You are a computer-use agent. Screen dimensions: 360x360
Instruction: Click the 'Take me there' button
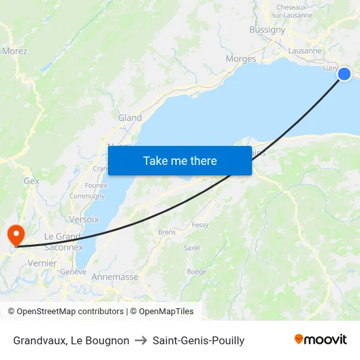[180, 161]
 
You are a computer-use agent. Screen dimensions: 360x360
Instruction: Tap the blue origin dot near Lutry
[344, 75]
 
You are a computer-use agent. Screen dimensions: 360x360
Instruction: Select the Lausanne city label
[305, 50]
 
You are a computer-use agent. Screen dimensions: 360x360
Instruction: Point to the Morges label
[240, 59]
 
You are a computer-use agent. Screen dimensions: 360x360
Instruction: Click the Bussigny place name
[267, 29]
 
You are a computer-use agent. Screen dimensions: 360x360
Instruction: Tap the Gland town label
[130, 118]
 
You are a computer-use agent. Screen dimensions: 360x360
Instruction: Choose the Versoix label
[84, 219]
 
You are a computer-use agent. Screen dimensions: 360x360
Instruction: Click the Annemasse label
[115, 277]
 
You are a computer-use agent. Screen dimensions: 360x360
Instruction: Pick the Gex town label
[31, 181]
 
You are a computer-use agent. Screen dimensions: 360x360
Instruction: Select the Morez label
[14, 50]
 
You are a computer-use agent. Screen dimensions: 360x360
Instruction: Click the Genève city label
[73, 272]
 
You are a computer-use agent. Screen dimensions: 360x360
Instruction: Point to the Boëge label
[196, 272]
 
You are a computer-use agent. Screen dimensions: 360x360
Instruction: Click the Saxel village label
[192, 248]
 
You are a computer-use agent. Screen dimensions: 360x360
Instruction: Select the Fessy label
[200, 225]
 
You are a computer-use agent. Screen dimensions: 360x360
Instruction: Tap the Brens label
[167, 232]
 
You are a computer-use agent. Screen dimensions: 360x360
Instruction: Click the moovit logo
[321, 340]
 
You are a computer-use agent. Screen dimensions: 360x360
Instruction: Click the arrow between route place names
[141, 340]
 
